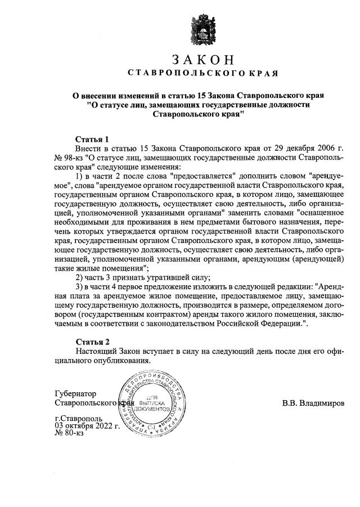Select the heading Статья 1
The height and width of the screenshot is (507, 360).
pos(92,139)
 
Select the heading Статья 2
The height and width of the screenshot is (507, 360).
pos(92,342)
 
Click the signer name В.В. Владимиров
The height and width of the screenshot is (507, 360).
pos(314,403)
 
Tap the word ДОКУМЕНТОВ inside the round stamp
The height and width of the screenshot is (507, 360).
pos(151,412)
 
